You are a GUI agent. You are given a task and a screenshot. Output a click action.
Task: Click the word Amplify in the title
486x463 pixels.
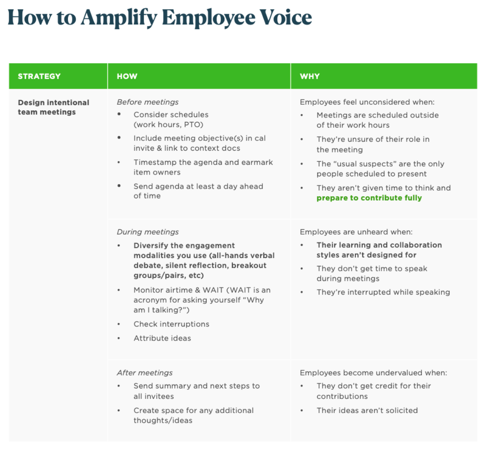(118, 18)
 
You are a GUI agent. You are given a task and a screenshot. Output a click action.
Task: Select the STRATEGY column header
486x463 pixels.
(39, 76)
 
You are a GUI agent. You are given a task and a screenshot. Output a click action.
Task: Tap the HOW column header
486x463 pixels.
(127, 76)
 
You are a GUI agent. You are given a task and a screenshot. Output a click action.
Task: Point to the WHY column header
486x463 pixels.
(310, 76)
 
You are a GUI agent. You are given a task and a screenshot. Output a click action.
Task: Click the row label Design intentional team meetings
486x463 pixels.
(53, 107)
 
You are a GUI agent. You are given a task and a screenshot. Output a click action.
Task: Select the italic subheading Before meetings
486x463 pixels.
(148, 102)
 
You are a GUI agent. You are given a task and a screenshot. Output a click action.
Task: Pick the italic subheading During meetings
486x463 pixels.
(148, 232)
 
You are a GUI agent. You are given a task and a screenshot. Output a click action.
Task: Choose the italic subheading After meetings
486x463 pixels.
(144, 373)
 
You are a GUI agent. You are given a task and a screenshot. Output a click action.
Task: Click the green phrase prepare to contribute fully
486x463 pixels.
(369, 198)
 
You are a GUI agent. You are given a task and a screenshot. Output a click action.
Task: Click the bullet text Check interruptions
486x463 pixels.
(171, 324)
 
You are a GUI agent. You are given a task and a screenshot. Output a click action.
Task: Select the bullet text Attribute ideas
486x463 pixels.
(162, 338)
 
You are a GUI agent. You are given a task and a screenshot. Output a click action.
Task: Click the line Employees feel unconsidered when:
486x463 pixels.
(367, 102)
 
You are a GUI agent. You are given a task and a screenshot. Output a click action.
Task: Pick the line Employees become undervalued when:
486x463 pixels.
(373, 373)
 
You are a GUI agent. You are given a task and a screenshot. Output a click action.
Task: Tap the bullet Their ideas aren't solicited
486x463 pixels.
(367, 410)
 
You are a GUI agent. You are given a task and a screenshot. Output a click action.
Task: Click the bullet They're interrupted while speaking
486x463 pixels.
(383, 292)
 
